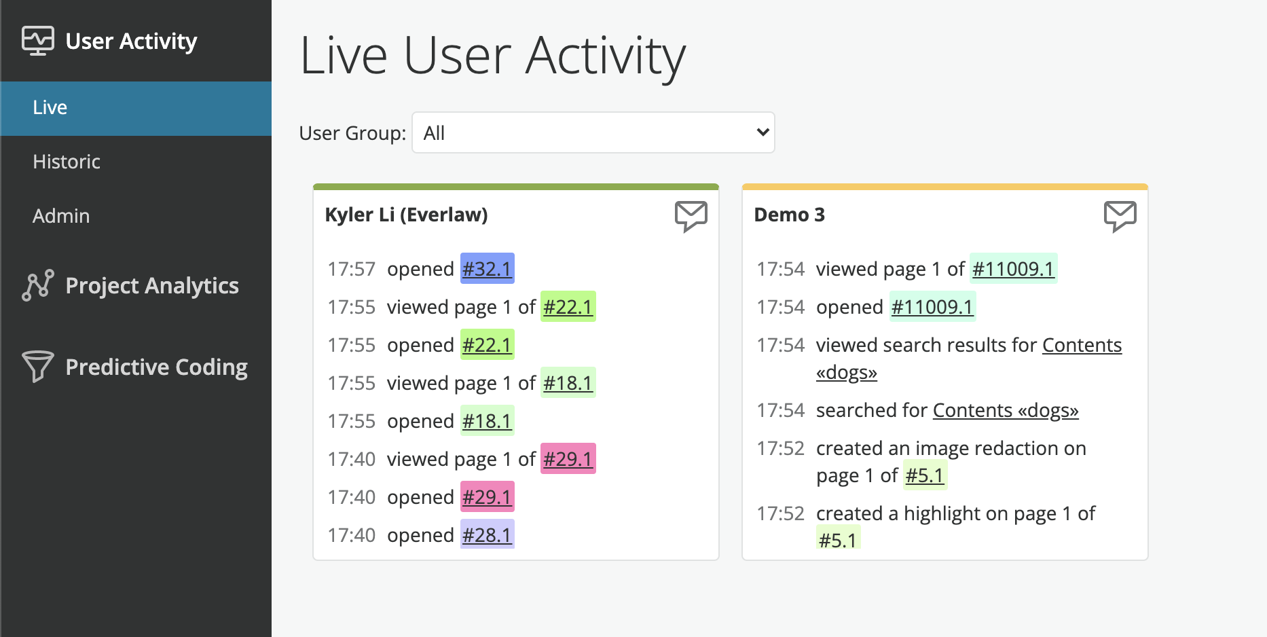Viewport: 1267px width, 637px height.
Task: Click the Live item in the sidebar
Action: (x=50, y=107)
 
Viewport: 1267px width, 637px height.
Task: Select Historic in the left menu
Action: (x=67, y=162)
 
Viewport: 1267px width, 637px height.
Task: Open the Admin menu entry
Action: (x=61, y=216)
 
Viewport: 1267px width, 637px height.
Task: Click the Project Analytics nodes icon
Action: (x=38, y=285)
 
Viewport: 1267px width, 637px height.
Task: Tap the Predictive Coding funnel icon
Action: (x=38, y=366)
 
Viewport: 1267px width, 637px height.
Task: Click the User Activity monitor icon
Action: (x=38, y=41)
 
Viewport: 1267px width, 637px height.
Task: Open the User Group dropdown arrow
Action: (x=763, y=132)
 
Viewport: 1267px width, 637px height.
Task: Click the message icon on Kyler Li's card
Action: (x=691, y=217)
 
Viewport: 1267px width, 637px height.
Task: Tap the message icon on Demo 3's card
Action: (x=1120, y=217)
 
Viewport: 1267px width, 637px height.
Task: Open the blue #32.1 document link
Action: (x=487, y=269)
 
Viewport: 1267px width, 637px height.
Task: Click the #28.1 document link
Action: (x=487, y=535)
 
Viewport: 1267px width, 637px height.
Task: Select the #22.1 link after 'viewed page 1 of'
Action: (x=568, y=307)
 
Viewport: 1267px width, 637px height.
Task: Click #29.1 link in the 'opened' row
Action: (x=487, y=497)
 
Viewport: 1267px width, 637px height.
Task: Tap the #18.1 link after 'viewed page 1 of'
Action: (x=568, y=383)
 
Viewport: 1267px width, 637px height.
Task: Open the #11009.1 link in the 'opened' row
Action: (x=932, y=307)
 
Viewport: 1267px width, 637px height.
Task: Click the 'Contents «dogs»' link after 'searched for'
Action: (x=1006, y=410)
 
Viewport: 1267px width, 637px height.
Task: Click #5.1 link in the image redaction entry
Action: (x=925, y=475)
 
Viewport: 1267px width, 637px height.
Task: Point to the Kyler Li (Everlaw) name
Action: (x=406, y=215)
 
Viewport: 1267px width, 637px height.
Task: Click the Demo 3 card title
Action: (x=790, y=215)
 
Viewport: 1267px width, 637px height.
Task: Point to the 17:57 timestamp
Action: (x=351, y=269)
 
